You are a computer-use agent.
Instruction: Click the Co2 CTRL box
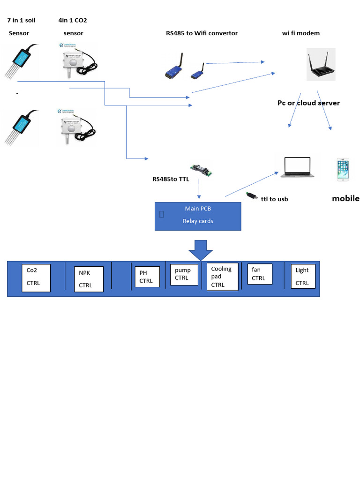pyautogui.click(x=36, y=277)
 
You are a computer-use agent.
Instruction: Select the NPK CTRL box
pyautogui.click(x=89, y=279)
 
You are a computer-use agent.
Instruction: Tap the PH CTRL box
pyautogui.click(x=147, y=277)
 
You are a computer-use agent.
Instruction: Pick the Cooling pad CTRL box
pyautogui.click(x=223, y=277)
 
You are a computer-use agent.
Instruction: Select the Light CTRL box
pyautogui.click(x=303, y=277)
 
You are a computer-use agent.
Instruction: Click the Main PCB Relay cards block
pyautogui.click(x=198, y=216)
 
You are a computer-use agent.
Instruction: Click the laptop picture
pyautogui.click(x=297, y=168)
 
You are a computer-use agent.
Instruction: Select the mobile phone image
pyautogui.click(x=343, y=170)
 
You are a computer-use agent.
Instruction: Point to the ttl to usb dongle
pyautogui.click(x=252, y=196)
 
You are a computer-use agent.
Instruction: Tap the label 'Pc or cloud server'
pyautogui.click(x=308, y=103)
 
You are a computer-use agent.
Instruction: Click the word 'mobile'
pyautogui.click(x=345, y=198)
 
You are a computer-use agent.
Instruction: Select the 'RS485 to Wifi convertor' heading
pyautogui.click(x=202, y=33)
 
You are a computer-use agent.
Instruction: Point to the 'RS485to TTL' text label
pyautogui.click(x=171, y=179)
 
